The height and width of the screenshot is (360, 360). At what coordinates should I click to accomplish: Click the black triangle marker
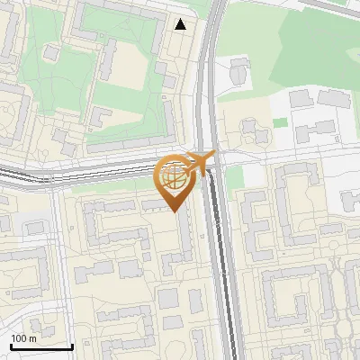[181, 24]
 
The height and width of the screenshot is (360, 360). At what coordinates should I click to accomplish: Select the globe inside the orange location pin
[174, 178]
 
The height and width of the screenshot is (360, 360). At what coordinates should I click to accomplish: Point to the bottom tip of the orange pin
[174, 211]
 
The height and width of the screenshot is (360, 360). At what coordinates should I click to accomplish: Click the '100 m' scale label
[23, 338]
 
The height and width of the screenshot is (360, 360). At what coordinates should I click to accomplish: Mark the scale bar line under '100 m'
[41, 346]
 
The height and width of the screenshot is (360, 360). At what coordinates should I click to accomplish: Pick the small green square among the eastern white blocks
[280, 122]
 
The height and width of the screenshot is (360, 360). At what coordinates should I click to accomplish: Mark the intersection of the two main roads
[212, 162]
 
